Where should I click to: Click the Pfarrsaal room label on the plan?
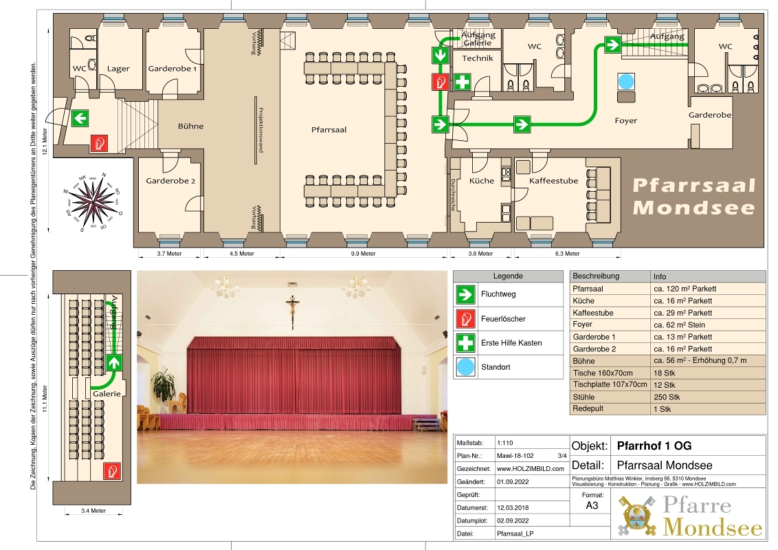point(329,129)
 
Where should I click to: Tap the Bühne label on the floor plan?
point(190,126)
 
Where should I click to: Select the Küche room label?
point(482,181)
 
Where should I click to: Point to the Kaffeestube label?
point(553,181)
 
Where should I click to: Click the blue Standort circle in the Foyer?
point(625,81)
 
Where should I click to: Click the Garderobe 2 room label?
point(170,181)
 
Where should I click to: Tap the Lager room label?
point(118,69)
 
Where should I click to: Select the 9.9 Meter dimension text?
point(364,254)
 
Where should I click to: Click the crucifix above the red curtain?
point(293,309)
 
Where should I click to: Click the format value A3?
point(592,505)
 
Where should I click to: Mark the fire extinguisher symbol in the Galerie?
point(112,471)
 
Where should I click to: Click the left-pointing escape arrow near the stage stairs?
point(80,118)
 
